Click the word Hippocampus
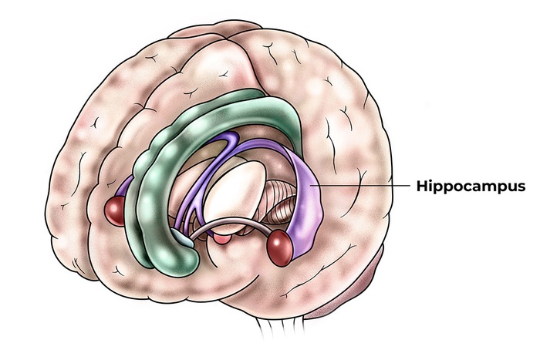point(471,187)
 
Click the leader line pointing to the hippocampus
point(363,186)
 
